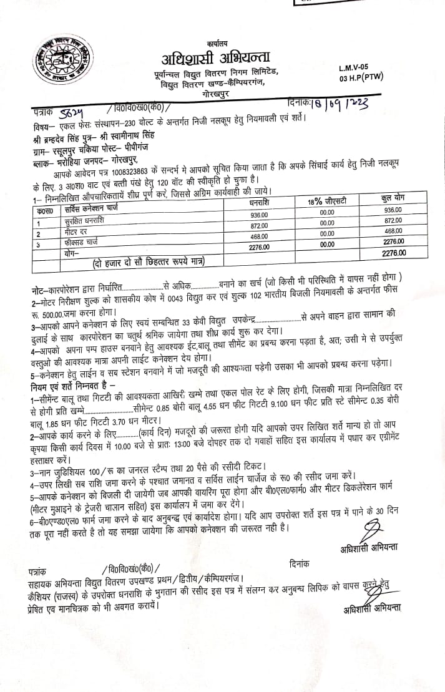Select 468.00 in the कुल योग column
click(394, 231)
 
